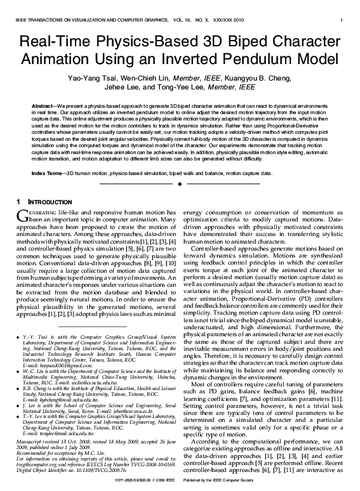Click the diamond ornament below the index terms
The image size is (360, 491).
pyautogui.click(x=180, y=184)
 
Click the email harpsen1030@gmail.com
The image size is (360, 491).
pyautogui.click(x=57, y=366)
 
